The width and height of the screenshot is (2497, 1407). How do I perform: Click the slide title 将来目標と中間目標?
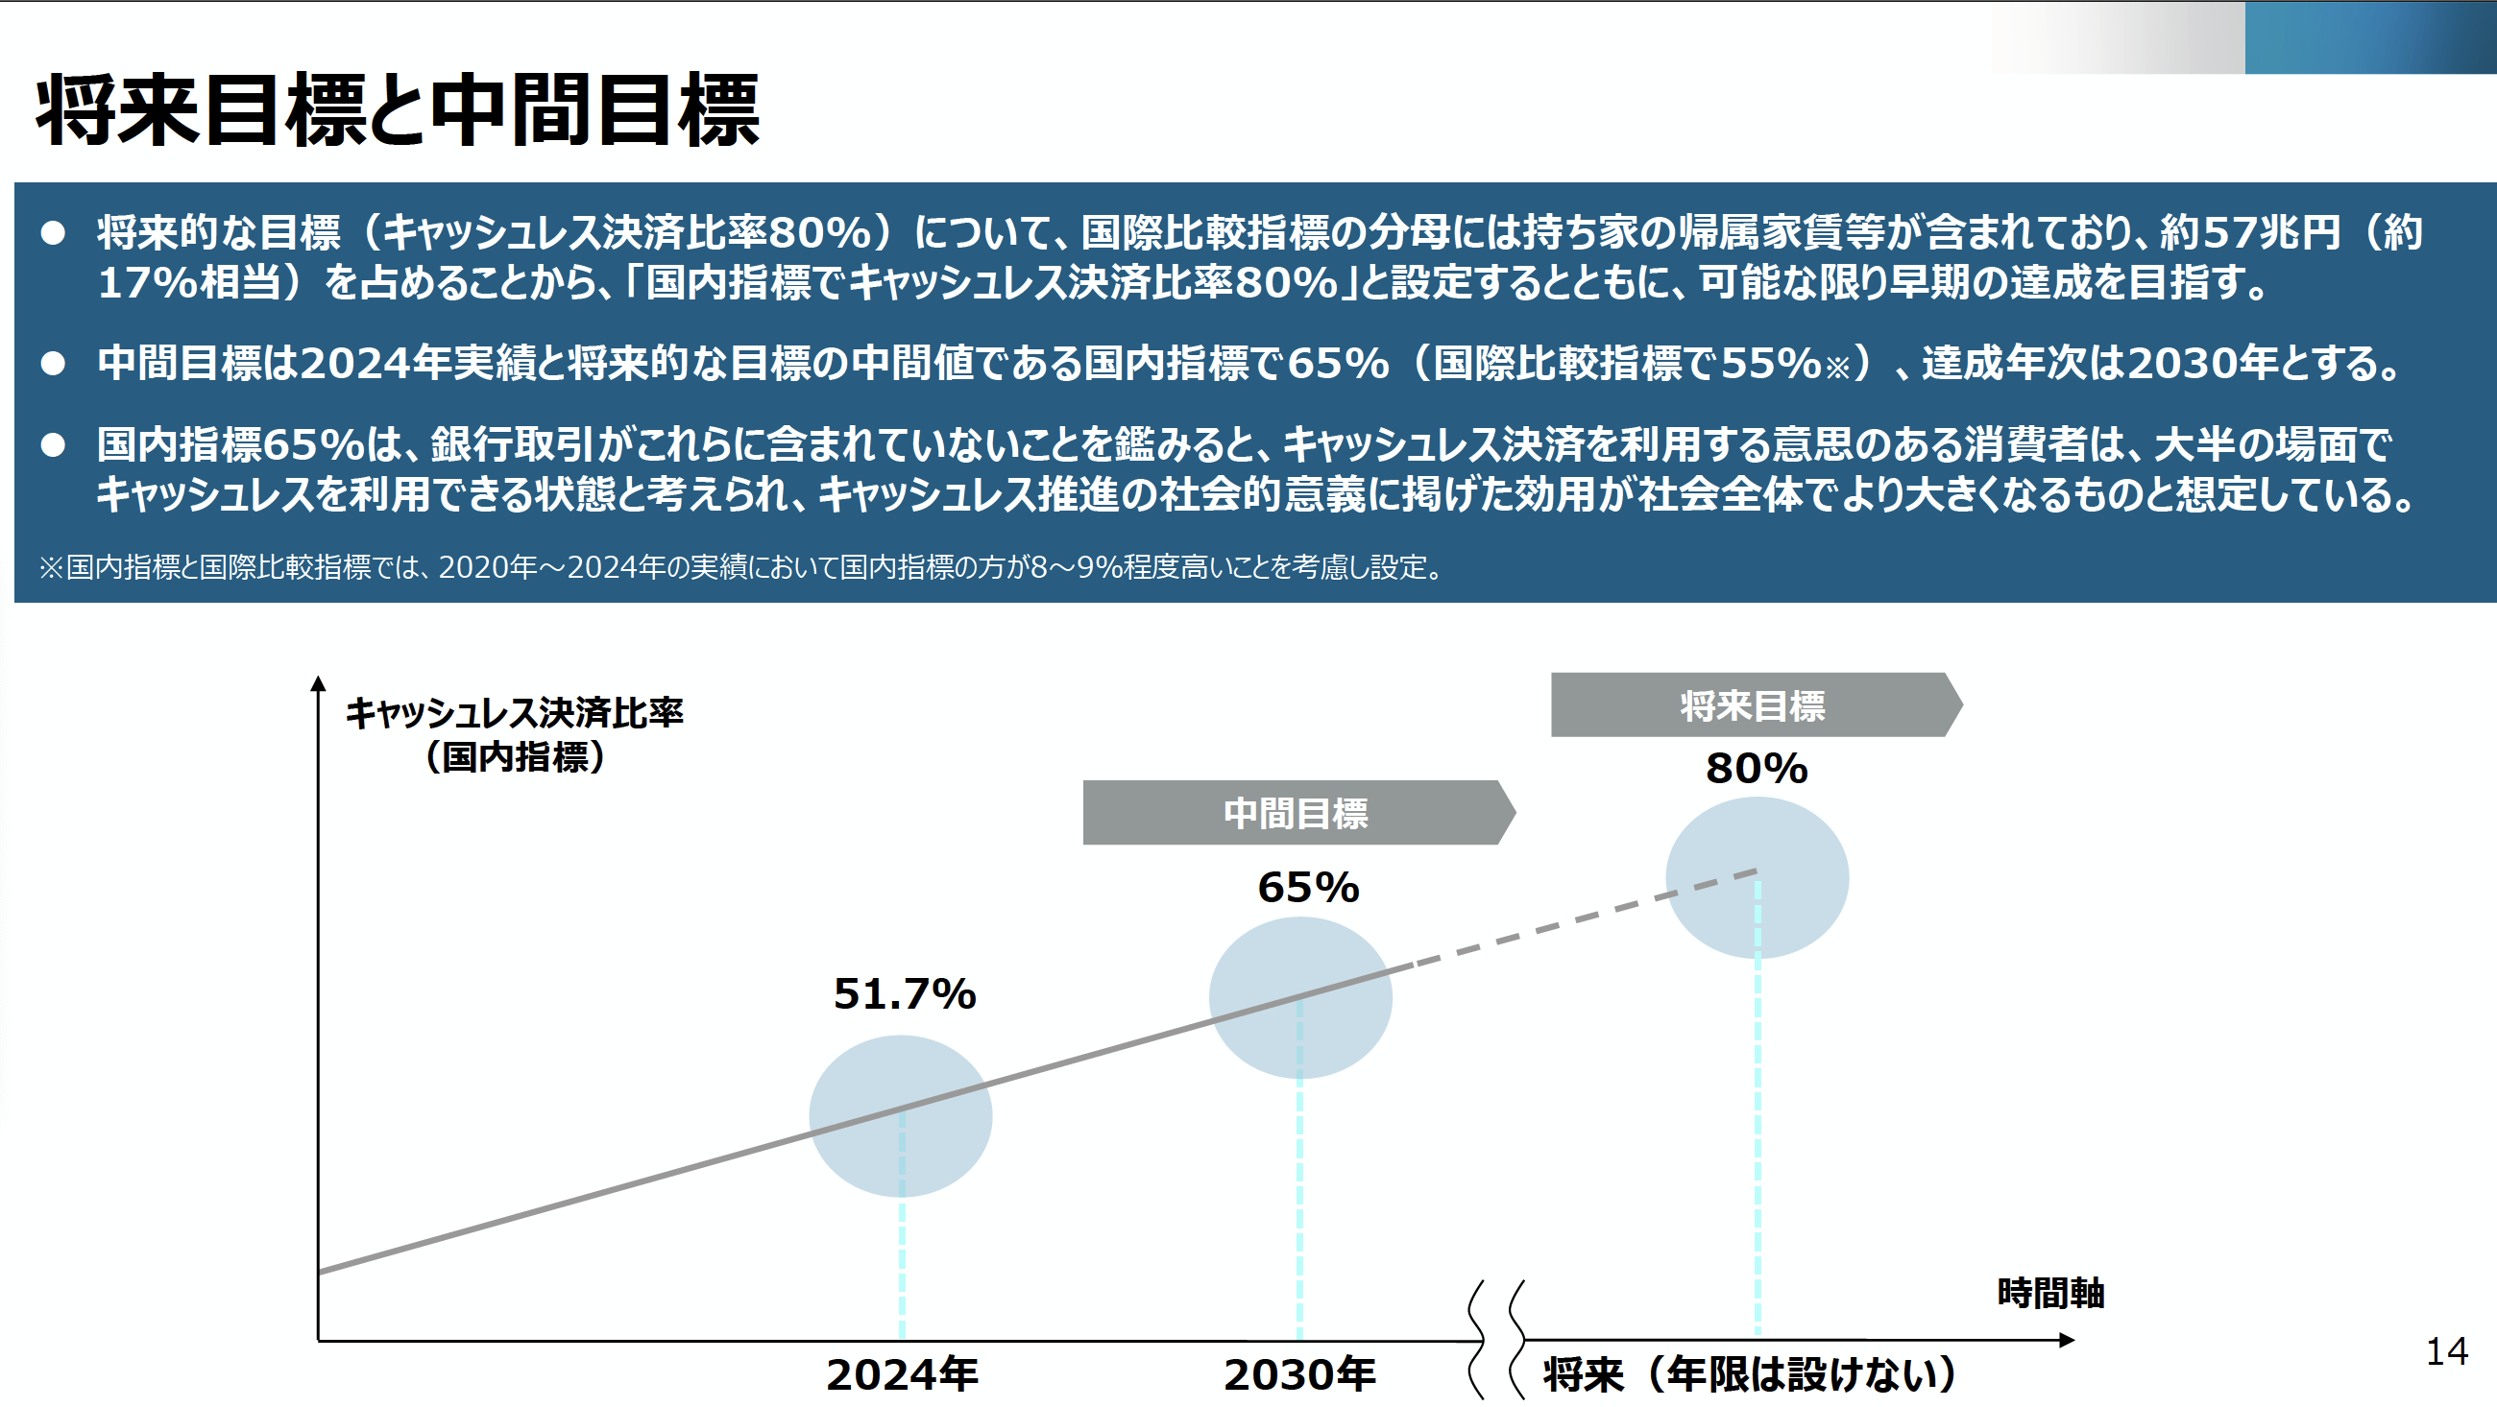pos(398,110)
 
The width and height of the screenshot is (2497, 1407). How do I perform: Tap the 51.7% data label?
pos(905,994)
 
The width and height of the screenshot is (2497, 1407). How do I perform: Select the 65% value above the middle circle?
pos(1308,888)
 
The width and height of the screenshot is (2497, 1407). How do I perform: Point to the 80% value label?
pos(1756,769)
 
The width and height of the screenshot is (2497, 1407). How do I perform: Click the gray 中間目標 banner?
pos(1296,813)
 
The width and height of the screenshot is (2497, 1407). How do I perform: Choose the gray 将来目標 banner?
pos(1754,705)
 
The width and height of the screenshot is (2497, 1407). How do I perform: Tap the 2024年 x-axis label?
pos(902,1374)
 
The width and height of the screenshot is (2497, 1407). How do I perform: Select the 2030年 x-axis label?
pos(1298,1374)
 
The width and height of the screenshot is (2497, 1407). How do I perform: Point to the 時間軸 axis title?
pos(2049,1294)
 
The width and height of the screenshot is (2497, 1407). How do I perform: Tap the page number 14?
pos(2446,1350)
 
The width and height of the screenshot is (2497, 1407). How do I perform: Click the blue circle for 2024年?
pos(901,1116)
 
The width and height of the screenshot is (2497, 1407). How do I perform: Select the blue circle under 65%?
pos(1299,998)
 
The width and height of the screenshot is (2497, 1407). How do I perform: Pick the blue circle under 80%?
pos(1757,878)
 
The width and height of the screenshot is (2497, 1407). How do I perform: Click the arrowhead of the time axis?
pos(2067,1341)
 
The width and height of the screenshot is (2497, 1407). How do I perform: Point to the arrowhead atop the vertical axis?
pos(318,683)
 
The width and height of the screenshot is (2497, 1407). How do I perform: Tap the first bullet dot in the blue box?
pos(54,232)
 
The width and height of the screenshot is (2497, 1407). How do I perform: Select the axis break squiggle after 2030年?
pos(1496,1340)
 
